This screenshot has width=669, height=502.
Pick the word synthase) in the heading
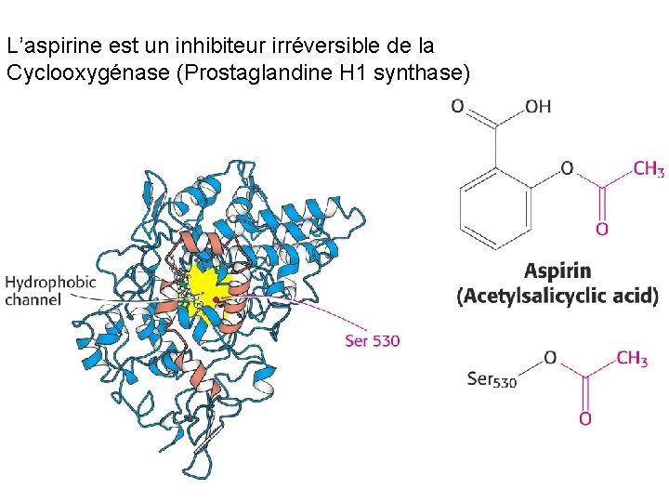tap(424, 73)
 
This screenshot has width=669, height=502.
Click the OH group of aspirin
tap(538, 107)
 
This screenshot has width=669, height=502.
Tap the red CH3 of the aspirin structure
tap(649, 168)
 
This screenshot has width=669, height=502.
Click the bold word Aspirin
tap(557, 271)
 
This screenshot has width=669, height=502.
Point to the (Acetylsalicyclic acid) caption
tap(557, 297)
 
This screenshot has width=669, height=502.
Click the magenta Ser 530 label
tap(372, 341)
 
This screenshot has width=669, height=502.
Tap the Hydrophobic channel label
tap(50, 290)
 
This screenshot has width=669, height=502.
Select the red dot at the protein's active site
tap(216, 299)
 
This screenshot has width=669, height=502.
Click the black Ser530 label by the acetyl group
tap(492, 378)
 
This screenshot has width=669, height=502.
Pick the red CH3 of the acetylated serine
tap(632, 359)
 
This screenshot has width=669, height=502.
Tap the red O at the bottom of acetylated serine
tap(584, 419)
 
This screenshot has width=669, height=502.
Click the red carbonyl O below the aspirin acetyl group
tap(602, 229)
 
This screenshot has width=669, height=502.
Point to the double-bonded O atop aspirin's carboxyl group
tap(457, 107)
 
